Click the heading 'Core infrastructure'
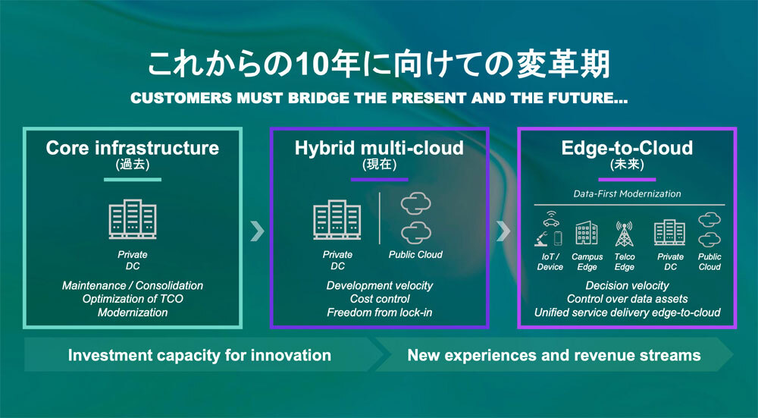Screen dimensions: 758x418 pyautogui.click(x=133, y=148)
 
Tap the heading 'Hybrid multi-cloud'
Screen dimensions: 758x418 pyautogui.click(x=380, y=148)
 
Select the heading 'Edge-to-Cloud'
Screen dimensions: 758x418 pyautogui.click(x=627, y=148)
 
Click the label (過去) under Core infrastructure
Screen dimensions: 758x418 pyautogui.click(x=133, y=165)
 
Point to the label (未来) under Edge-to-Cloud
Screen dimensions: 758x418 pyautogui.click(x=627, y=165)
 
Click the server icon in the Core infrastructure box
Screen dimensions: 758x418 pyautogui.click(x=133, y=219)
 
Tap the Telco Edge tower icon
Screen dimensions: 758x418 pyautogui.click(x=624, y=234)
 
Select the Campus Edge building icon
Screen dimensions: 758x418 pyautogui.click(x=587, y=233)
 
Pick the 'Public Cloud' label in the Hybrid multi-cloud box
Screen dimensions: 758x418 pyautogui.click(x=415, y=254)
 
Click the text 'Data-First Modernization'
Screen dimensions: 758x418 pyautogui.click(x=627, y=193)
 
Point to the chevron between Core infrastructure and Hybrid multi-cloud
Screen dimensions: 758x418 pyautogui.click(x=257, y=231)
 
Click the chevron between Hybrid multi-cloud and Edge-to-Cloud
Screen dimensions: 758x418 pyautogui.click(x=503, y=231)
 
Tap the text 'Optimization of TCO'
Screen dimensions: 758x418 pyautogui.click(x=133, y=299)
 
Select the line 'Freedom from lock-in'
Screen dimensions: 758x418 pyautogui.click(x=380, y=313)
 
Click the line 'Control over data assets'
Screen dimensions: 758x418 pyautogui.click(x=627, y=299)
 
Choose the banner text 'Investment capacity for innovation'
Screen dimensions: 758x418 pyautogui.click(x=199, y=356)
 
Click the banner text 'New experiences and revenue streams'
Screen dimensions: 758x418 pyautogui.click(x=554, y=356)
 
